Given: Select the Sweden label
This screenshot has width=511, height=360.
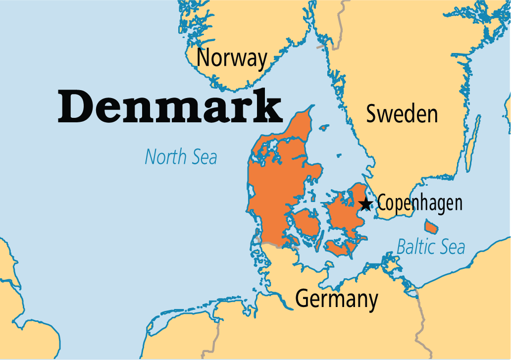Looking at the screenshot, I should tap(402, 114).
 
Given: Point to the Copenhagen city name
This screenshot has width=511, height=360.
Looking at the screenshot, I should tap(419, 203).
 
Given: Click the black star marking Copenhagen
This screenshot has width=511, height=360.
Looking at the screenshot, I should tap(365, 203).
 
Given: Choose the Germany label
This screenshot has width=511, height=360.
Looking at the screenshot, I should tap(336, 299).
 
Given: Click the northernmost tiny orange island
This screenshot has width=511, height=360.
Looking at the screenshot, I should tap(324, 128).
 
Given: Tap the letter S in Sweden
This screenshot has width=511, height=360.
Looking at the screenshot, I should tap(372, 114).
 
